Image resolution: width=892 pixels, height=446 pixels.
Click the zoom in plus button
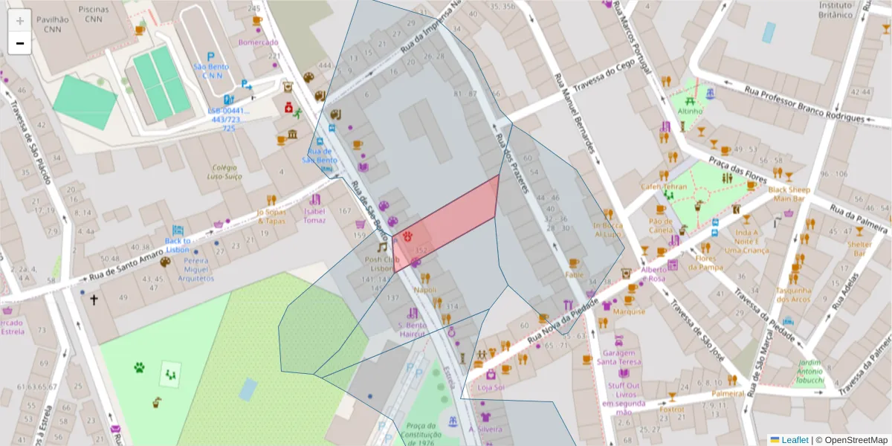(19, 20)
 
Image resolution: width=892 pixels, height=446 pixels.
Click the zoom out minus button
(19, 43)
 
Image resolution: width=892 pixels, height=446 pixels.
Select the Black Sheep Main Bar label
(789, 194)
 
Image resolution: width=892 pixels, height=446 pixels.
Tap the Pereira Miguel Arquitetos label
(196, 270)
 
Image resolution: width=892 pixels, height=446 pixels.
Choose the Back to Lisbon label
(178, 245)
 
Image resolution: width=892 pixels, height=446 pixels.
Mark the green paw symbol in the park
(139, 366)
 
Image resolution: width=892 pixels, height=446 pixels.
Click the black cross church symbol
(94, 300)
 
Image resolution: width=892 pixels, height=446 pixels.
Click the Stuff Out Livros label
(624, 394)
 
